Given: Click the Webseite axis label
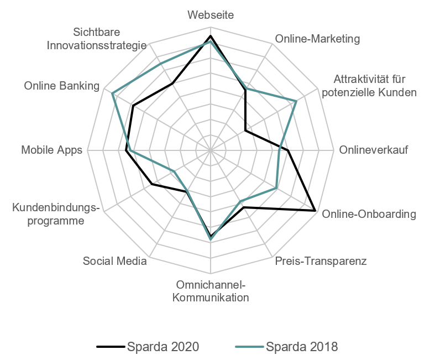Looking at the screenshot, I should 210,15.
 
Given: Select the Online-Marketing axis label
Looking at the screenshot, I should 317,39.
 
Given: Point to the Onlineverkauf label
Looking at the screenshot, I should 373,150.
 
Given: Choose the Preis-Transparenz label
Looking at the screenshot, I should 321,261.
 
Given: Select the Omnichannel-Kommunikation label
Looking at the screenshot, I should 210,291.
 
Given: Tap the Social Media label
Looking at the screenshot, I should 114,261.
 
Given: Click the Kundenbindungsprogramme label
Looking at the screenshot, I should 56,215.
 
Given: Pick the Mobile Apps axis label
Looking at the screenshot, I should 51,150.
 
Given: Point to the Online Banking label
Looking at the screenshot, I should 61,86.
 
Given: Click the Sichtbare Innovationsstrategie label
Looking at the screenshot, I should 97,39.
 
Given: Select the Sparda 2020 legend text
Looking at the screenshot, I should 163,347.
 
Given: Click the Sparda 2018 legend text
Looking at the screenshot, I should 302,347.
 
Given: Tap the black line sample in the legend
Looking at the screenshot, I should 111,347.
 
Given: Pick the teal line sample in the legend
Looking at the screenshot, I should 249,347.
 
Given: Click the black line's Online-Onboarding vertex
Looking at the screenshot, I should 315,210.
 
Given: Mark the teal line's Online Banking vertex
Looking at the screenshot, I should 112,93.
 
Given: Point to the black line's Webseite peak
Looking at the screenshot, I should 210,36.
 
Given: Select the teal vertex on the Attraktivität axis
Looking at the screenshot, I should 297,100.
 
